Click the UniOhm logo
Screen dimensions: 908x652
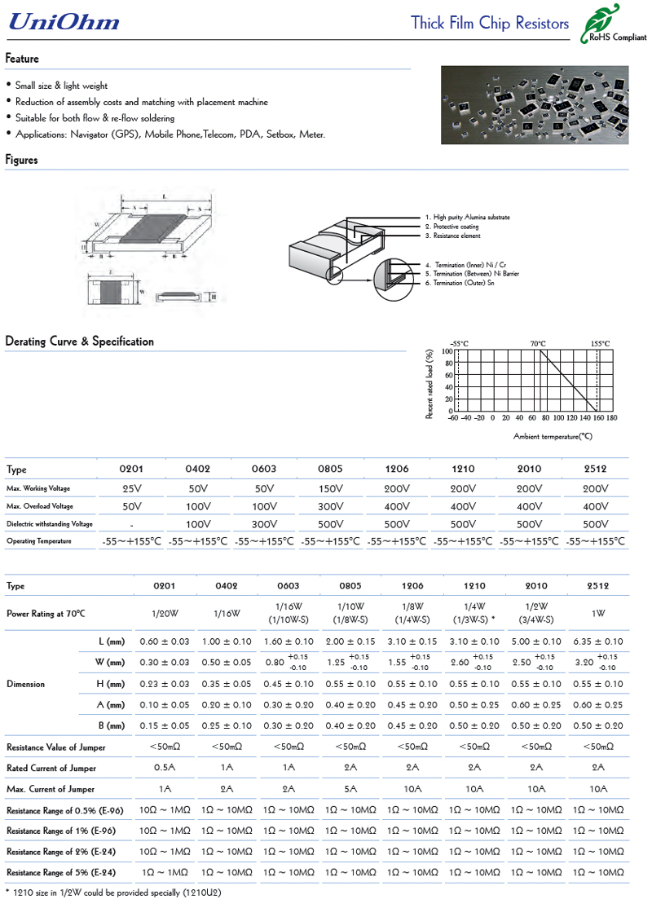click(x=64, y=23)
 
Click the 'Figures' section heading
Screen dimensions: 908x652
click(x=22, y=160)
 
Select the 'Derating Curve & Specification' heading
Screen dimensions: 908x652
click(x=79, y=342)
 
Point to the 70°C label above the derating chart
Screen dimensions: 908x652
click(x=538, y=344)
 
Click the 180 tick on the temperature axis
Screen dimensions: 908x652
click(x=611, y=418)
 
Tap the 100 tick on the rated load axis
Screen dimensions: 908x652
click(x=447, y=351)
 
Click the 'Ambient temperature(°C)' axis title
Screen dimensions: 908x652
click(x=553, y=437)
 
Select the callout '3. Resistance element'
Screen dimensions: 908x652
click(x=452, y=236)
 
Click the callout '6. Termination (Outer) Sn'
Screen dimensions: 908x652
click(x=459, y=283)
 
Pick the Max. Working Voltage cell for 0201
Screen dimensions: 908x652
click(x=131, y=488)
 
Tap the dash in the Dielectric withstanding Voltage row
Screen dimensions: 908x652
click(x=131, y=524)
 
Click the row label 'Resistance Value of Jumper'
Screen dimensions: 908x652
click(x=56, y=747)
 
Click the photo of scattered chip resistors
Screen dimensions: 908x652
click(x=535, y=105)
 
